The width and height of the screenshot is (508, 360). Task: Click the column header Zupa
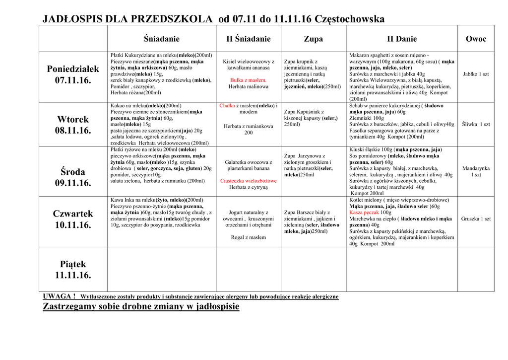click(313, 39)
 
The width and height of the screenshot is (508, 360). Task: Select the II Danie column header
click(402, 39)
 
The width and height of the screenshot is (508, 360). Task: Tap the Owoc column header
click(476, 39)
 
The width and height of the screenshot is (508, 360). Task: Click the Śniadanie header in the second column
click(162, 39)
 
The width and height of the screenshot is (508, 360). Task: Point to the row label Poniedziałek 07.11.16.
click(73, 74)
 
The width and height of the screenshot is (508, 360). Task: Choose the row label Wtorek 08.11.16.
click(73, 125)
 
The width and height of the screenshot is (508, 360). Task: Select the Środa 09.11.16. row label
click(73, 177)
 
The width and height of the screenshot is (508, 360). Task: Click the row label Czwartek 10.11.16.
click(73, 219)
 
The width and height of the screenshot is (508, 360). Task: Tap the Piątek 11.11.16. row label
click(73, 269)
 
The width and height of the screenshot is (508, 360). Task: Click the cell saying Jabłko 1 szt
click(476, 74)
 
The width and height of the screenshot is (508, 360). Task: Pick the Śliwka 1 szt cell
click(476, 124)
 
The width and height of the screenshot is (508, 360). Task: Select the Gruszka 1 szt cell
click(476, 218)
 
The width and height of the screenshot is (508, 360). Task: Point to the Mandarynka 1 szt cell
click(476, 171)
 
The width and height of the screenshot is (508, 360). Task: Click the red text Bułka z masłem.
click(249, 80)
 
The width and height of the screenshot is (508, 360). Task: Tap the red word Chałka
click(227, 106)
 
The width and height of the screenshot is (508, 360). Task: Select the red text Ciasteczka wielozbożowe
click(249, 181)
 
